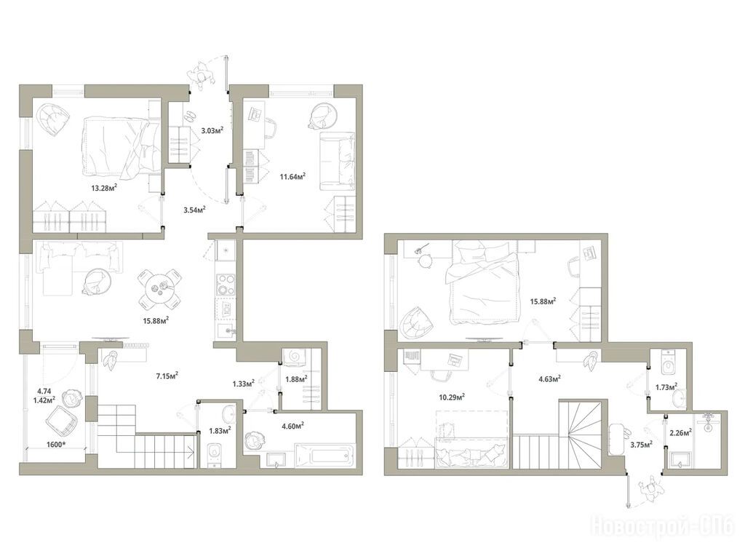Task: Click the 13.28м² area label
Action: pyautogui.click(x=104, y=188)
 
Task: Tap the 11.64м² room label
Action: pyautogui.click(x=292, y=177)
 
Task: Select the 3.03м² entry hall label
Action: pyautogui.click(x=212, y=130)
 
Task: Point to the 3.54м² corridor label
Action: pyautogui.click(x=194, y=210)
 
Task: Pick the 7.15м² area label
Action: pyautogui.click(x=167, y=376)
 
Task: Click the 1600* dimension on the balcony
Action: pyautogui.click(x=56, y=446)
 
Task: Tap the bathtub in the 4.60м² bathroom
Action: pyautogui.click(x=325, y=456)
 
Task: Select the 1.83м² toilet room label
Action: pyautogui.click(x=220, y=431)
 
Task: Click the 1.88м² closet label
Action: pyautogui.click(x=295, y=379)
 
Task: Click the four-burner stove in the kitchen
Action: pyautogui.click(x=225, y=285)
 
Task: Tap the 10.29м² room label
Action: pyautogui.click(x=452, y=397)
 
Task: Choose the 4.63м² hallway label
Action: pyautogui.click(x=549, y=378)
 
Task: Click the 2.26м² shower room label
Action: pyautogui.click(x=680, y=432)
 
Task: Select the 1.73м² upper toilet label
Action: pyautogui.click(x=666, y=388)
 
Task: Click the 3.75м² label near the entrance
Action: pyautogui.click(x=641, y=445)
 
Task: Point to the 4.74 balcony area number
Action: pyautogui.click(x=44, y=391)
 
